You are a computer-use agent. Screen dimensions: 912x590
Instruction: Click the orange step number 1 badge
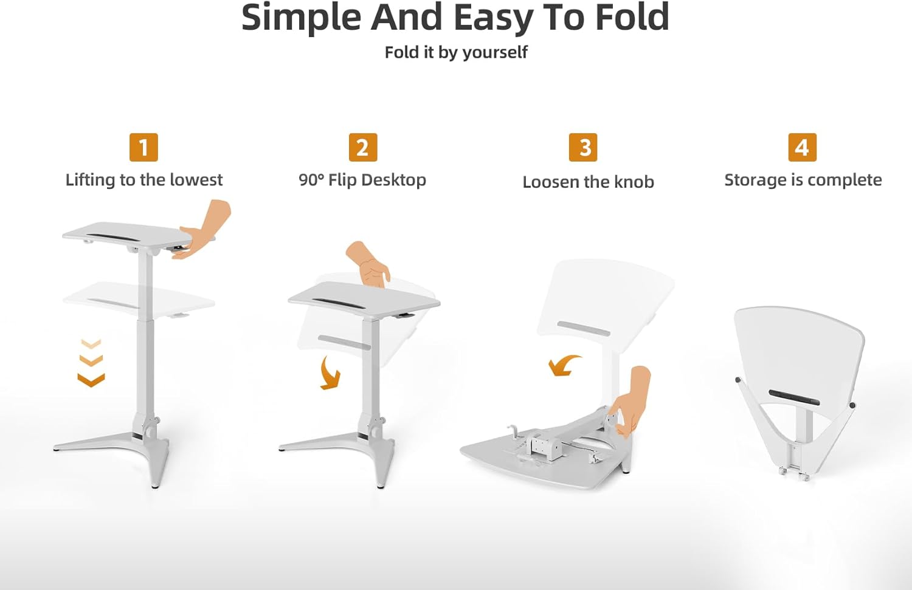click(143, 147)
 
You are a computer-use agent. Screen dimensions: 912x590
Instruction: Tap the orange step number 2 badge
click(363, 147)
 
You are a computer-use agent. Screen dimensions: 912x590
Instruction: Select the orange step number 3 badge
click(583, 147)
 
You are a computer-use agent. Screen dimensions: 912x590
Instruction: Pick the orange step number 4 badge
click(803, 147)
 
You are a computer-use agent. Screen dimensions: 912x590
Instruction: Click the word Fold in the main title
click(632, 18)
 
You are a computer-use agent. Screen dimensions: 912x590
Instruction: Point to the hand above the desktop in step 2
click(368, 264)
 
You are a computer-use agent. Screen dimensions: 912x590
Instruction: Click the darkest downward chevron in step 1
click(91, 380)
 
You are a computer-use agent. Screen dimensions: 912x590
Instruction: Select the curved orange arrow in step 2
click(329, 372)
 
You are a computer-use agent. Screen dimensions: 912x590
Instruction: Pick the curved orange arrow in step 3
click(564, 365)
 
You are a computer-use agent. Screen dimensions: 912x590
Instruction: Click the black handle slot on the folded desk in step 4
click(794, 397)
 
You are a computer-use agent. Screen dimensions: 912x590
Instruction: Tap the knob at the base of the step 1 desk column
click(151, 430)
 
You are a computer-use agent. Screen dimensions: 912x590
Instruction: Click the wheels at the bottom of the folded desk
click(794, 475)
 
